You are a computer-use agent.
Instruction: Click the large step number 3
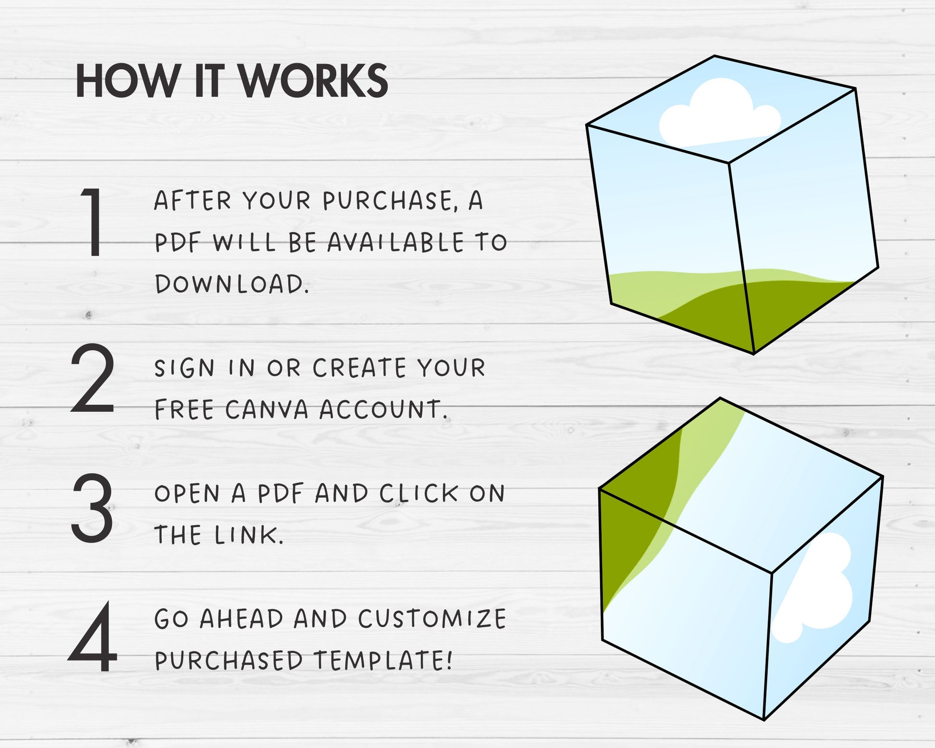93,508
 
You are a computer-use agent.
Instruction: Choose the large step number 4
93,637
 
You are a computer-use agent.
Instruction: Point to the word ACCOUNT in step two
383,410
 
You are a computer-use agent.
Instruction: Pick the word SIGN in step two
185,368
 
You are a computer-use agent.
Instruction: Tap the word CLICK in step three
418,493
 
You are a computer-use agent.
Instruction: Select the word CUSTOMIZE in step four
432,619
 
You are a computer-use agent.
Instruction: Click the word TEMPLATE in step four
383,661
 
